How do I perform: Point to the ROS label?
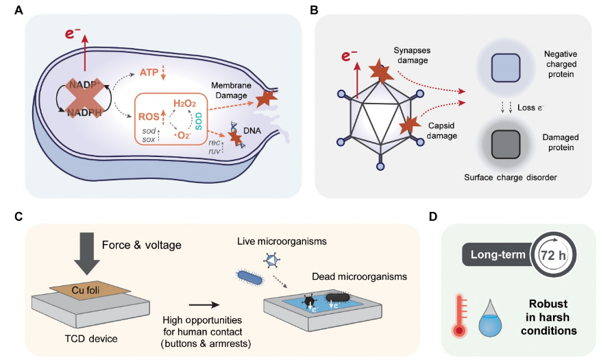click(x=149, y=117)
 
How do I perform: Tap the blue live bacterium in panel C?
click(x=252, y=277)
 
